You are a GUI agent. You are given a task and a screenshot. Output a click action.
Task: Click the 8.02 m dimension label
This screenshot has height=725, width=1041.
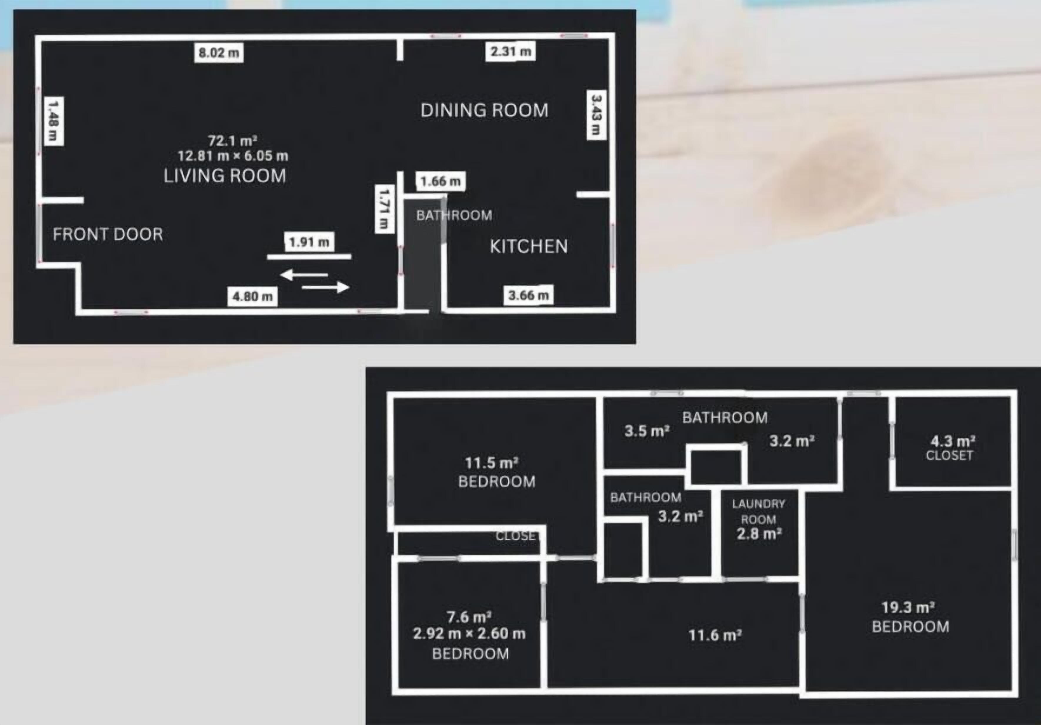pyautogui.click(x=219, y=53)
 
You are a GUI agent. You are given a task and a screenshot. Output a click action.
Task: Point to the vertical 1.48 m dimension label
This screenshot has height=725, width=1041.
pyautogui.click(x=54, y=121)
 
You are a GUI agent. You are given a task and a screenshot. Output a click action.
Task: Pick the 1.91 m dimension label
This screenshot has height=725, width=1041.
pyautogui.click(x=309, y=242)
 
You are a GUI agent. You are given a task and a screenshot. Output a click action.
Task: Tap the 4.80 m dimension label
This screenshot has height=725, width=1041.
pyautogui.click(x=253, y=297)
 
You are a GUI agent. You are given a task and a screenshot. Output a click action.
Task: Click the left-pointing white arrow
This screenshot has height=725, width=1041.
pyautogui.click(x=304, y=275)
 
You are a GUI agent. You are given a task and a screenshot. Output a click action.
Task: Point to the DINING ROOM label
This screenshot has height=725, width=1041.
pyautogui.click(x=484, y=110)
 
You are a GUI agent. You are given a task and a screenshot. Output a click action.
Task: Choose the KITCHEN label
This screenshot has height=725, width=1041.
pyautogui.click(x=529, y=246)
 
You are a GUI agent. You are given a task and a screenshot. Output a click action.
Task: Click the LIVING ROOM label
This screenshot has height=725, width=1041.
pyautogui.click(x=225, y=176)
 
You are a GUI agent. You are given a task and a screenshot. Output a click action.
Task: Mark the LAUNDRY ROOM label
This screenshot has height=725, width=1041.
pyautogui.click(x=758, y=511)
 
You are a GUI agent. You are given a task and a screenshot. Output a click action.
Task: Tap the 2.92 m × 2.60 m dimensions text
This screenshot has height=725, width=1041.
pyautogui.click(x=469, y=633)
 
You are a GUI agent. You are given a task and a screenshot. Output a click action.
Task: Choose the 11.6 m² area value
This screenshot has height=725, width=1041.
pyautogui.click(x=715, y=635)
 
